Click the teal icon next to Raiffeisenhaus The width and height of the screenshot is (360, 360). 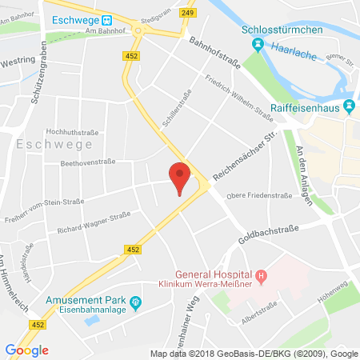(x=348, y=106)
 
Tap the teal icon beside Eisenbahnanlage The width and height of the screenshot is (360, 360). (x=135, y=302)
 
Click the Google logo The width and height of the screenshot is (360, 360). (x=26, y=350)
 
